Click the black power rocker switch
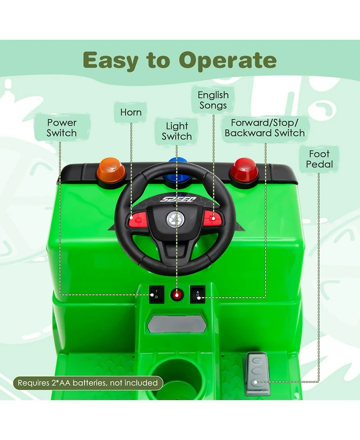155,294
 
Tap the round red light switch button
177,295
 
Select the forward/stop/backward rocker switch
198,294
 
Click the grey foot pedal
258,374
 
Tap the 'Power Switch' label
62,128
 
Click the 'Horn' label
131,112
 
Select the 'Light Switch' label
177,131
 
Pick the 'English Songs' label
213,100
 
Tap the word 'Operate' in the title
228,60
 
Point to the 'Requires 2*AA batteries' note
88,383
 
